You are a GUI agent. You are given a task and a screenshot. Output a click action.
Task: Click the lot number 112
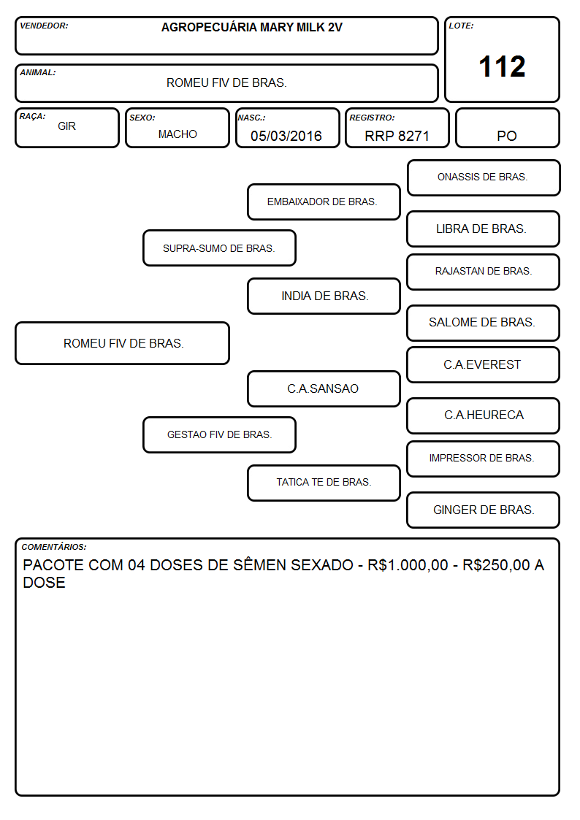click(502, 66)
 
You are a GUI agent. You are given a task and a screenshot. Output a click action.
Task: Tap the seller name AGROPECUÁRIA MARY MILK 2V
click(251, 27)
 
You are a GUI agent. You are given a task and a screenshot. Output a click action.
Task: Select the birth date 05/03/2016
click(286, 136)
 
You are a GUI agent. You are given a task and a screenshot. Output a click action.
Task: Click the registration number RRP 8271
click(397, 136)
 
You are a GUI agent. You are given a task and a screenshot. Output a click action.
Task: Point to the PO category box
click(507, 128)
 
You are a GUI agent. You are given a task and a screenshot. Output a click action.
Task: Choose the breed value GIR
click(67, 126)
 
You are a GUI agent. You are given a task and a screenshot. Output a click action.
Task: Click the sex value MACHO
click(178, 134)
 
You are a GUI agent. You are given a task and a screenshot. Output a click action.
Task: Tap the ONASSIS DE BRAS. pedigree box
click(484, 178)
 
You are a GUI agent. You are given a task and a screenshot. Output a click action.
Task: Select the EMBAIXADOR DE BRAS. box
click(324, 202)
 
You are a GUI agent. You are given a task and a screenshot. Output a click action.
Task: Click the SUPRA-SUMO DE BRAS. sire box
click(220, 248)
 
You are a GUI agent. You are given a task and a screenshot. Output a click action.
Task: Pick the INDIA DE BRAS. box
click(324, 296)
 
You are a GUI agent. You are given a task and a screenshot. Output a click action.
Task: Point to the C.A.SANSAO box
click(324, 388)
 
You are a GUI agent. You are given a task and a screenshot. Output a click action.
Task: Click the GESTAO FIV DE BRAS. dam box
click(220, 434)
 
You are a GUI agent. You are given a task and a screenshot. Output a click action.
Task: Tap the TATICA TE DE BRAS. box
click(324, 483)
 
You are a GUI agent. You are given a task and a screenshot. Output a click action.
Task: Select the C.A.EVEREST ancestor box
click(484, 364)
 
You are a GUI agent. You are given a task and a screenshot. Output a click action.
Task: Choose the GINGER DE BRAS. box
click(484, 510)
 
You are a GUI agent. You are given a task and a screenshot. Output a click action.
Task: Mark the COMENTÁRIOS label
click(54, 547)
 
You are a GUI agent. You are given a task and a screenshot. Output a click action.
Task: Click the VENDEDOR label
click(44, 26)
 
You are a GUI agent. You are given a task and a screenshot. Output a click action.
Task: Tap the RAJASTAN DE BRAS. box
click(484, 272)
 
